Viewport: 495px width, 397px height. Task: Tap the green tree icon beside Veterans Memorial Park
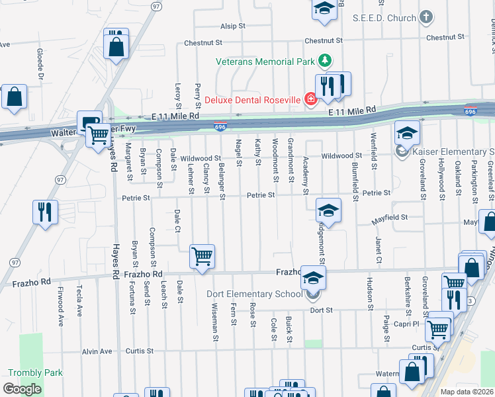324,62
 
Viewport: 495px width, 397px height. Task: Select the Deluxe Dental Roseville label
251,101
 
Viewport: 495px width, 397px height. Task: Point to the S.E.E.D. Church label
384,18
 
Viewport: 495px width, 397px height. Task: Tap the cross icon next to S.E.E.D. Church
426,18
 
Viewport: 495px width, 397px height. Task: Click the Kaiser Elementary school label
453,152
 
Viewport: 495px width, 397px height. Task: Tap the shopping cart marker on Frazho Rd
202,255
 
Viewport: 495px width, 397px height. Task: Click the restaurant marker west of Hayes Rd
44,212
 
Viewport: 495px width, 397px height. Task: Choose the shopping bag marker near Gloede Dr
14,97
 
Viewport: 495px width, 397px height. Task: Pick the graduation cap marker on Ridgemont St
328,211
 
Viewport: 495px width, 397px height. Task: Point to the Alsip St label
233,26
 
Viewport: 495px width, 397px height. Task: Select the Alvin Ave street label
97,351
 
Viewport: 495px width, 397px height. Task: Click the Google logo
22,389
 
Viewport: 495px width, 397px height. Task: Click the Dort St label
320,310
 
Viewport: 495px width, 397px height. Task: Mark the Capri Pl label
411,324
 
